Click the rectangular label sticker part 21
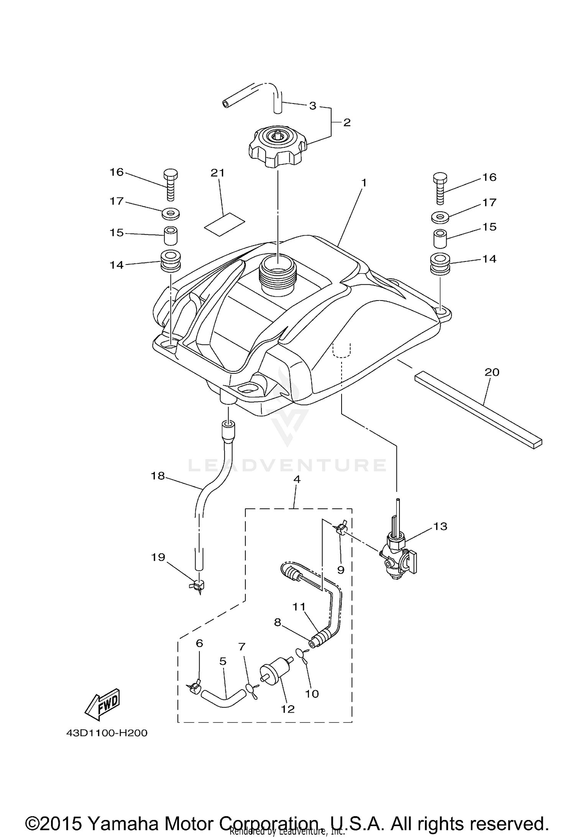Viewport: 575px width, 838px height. [x=224, y=223]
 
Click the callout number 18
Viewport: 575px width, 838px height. [x=158, y=476]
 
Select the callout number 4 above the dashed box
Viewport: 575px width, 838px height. [x=297, y=479]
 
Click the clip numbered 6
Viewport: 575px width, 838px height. [x=195, y=688]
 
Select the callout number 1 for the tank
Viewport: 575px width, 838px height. [x=364, y=183]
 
